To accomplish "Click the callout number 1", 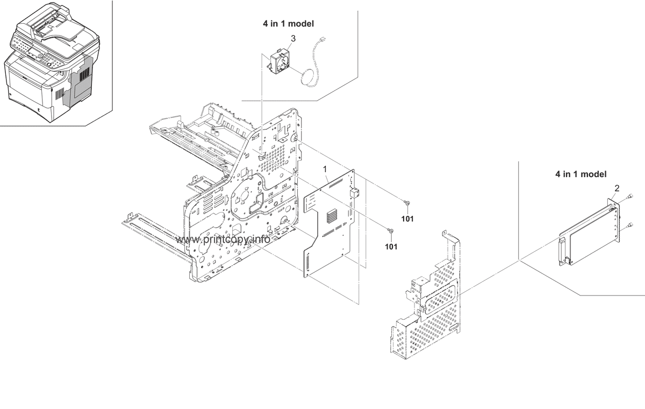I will pos(325,169).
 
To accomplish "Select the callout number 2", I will pos(617,188).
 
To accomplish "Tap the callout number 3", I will pos(293,38).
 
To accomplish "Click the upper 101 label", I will pos(406,218).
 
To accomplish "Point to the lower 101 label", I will pos(391,246).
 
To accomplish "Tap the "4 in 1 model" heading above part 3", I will pos(288,24).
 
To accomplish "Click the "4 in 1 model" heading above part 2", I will pos(581,174).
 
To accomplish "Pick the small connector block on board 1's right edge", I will pos(353,193).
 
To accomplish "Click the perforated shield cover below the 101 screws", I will pos(427,301).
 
